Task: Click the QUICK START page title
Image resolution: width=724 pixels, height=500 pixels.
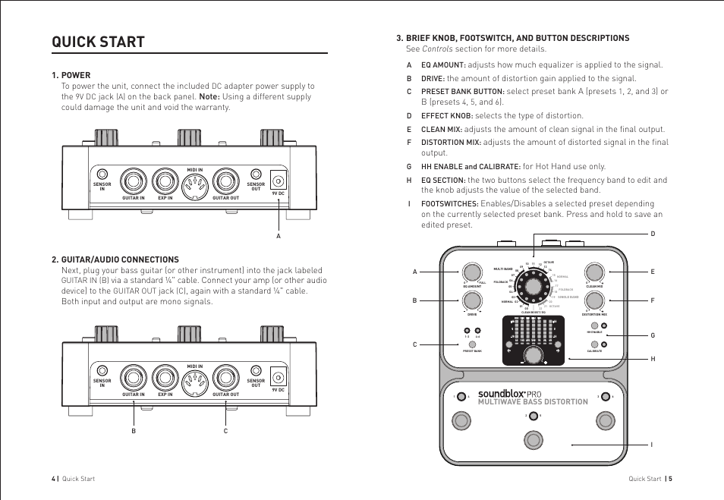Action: tap(98, 42)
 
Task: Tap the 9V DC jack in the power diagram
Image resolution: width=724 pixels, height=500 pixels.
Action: tap(278, 181)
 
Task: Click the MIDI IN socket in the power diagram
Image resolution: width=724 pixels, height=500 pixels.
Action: tap(195, 181)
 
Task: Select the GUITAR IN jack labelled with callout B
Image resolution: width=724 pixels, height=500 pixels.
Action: tap(134, 376)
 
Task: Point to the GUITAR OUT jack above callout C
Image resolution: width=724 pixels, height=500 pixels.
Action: tap(225, 376)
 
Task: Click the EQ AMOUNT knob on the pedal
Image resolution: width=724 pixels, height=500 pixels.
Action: tap(472, 272)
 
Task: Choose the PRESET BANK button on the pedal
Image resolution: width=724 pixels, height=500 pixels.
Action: tap(472, 344)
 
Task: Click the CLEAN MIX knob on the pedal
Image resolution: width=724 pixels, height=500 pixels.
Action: tap(594, 272)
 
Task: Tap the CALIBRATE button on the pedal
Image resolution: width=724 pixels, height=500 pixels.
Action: tap(594, 344)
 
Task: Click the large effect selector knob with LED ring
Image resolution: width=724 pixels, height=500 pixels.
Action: tap(534, 287)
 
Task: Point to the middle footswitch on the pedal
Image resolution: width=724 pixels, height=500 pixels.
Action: tap(534, 439)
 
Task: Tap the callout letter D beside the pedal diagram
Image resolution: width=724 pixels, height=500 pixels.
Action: tap(652, 234)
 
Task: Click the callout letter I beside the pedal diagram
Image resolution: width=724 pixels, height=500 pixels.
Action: tap(652, 445)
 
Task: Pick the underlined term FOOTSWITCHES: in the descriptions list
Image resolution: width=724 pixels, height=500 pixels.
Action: tap(449, 204)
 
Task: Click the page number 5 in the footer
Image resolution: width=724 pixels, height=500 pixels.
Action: tap(670, 479)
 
